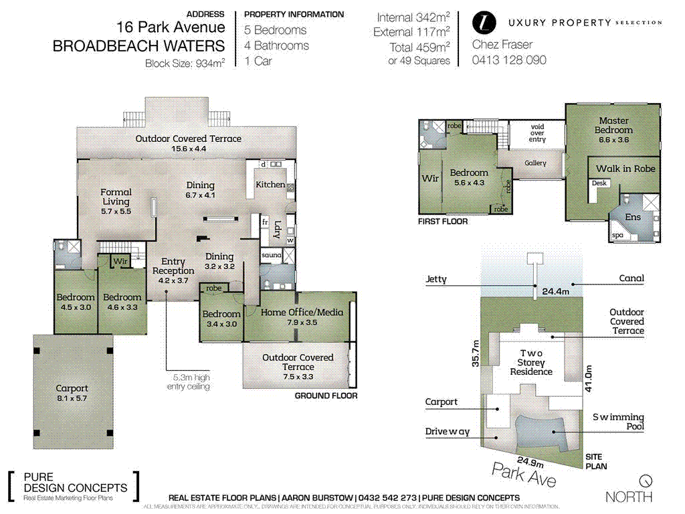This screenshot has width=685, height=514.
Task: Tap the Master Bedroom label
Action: [613, 125]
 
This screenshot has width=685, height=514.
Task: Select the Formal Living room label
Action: [116, 197]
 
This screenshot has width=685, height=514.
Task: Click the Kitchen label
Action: [270, 184]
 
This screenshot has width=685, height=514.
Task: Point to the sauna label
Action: [270, 255]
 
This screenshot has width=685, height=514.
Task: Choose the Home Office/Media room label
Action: [302, 312]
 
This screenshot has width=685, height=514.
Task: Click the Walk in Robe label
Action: [625, 169]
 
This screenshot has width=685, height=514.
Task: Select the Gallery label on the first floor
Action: [535, 163]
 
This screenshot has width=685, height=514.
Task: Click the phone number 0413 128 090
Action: [509, 60]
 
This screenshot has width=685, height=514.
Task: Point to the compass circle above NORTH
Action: [645, 481]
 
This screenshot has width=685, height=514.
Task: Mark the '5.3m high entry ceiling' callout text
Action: [188, 381]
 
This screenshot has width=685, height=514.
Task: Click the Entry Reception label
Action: [173, 266]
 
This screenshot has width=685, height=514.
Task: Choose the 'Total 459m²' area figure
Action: [419, 48]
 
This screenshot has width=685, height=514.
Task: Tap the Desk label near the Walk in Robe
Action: [599, 183]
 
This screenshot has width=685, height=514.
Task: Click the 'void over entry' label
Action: [537, 132]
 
